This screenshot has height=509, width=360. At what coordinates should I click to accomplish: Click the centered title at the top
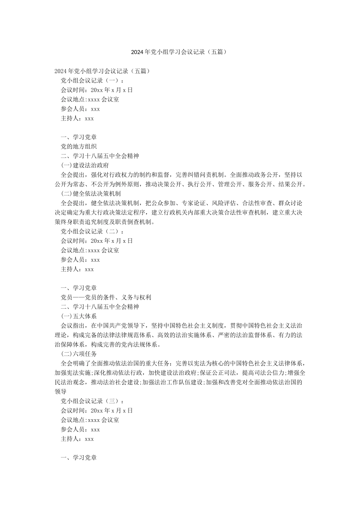click(180, 52)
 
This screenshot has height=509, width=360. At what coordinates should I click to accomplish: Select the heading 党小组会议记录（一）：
click(92, 80)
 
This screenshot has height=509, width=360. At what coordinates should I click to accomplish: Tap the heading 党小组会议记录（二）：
click(92, 231)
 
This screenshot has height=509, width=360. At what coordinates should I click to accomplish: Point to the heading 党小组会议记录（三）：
click(92, 401)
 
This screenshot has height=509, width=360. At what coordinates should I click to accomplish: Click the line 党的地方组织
click(79, 147)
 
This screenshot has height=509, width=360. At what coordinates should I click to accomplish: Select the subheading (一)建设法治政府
click(85, 166)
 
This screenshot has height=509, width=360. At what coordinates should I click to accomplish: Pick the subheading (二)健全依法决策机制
click(91, 194)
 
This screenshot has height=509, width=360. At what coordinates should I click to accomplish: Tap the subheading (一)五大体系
click(79, 316)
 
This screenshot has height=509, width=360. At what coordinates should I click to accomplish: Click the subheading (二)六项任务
click(79, 354)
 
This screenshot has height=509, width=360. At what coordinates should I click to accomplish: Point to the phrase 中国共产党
click(118, 326)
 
